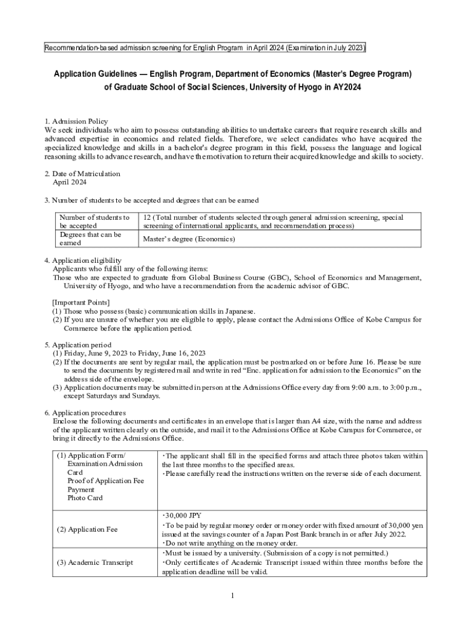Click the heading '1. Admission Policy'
(76, 121)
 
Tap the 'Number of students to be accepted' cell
(94, 221)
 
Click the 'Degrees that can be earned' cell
(90, 239)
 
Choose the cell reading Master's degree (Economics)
(189, 239)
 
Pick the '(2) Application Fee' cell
(88, 529)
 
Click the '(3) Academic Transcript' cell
(94, 562)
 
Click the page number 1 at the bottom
(232, 596)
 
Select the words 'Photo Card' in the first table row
(85, 498)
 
